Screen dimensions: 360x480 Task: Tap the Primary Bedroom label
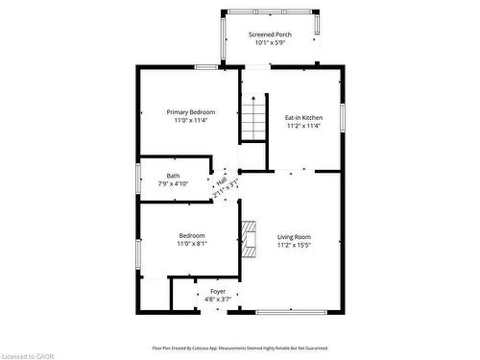click(x=190, y=112)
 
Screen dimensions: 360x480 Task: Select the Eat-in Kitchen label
click(x=303, y=117)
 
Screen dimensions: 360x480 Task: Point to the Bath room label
click(x=173, y=176)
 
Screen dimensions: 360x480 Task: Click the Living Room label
click(x=295, y=236)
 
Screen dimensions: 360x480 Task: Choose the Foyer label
click(x=219, y=292)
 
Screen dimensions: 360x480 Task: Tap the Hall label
click(x=221, y=180)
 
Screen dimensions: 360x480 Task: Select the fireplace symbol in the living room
click(x=250, y=240)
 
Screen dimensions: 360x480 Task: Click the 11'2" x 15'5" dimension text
click(x=295, y=245)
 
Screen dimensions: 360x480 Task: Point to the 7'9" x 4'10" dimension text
click(x=173, y=183)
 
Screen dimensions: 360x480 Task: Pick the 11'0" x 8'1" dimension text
click(x=192, y=244)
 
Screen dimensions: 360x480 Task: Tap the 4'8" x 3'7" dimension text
click(x=219, y=300)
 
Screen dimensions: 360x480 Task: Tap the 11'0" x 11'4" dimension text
click(x=190, y=121)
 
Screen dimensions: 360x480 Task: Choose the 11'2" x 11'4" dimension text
click(x=303, y=126)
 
